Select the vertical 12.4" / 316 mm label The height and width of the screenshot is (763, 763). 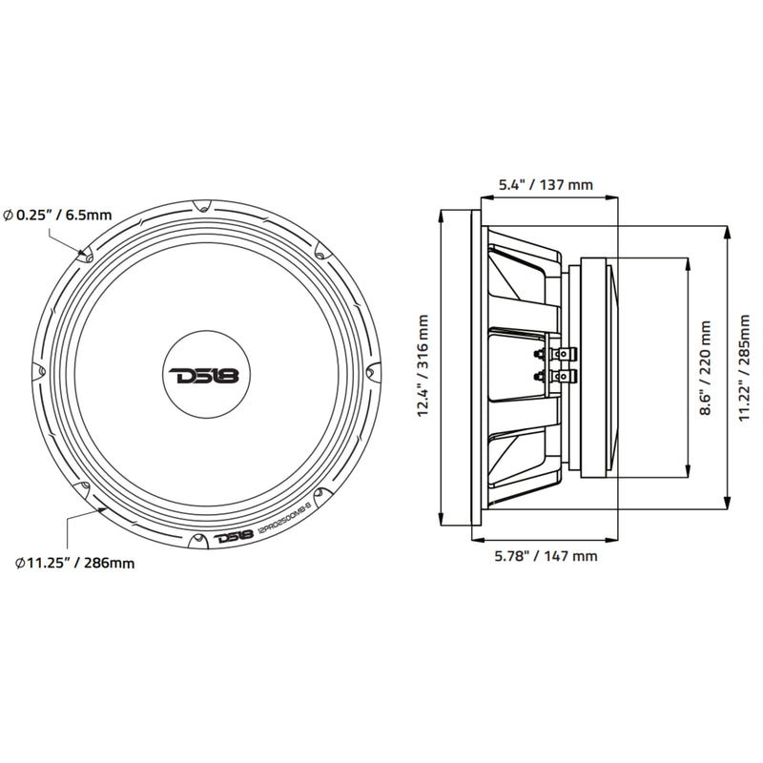tap(423, 367)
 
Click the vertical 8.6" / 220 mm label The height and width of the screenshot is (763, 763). tap(705, 368)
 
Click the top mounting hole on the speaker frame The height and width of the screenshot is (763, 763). tap(203, 206)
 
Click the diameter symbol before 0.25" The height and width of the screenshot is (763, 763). tap(8, 216)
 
